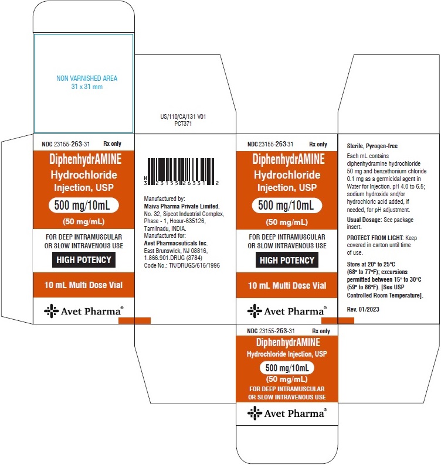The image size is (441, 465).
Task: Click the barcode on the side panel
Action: coord(181,172)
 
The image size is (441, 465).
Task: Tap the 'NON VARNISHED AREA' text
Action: coord(87,78)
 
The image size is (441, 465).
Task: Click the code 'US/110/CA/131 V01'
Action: coord(183,117)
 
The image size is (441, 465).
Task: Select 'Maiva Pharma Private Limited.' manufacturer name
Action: coord(182,206)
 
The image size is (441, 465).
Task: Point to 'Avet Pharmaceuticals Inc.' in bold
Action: coord(176,243)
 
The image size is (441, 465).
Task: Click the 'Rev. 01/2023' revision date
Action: coord(363,309)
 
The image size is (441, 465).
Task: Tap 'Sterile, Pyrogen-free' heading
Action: coord(372,146)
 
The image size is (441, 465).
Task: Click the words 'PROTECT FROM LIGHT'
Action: coord(375,238)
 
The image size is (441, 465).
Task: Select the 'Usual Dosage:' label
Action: coord(364,220)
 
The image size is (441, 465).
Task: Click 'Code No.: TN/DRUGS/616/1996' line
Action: coord(182,265)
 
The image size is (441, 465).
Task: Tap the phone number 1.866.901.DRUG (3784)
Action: coord(173,258)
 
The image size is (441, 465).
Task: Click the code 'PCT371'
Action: coord(183,124)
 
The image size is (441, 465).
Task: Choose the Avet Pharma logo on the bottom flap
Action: coord(287,413)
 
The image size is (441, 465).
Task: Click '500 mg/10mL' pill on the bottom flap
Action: coord(287,368)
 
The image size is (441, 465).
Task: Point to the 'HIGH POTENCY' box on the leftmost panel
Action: coord(84,260)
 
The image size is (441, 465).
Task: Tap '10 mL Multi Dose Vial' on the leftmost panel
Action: coord(83,285)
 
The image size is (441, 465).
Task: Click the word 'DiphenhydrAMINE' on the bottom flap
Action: coord(288,343)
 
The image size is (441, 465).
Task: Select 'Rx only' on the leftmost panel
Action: coord(112,144)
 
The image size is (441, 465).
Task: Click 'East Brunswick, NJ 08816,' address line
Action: coord(175,251)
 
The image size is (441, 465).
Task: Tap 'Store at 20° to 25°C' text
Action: coord(371,264)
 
